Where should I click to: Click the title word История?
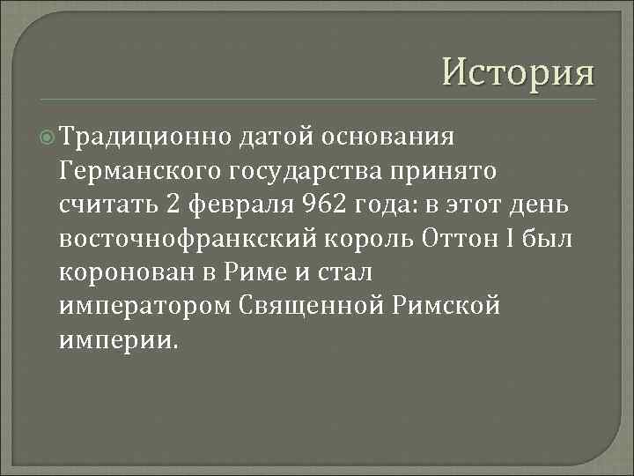pyautogui.click(x=518, y=69)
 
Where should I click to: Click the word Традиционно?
pyautogui.click(x=146, y=138)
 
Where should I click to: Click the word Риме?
pyautogui.click(x=254, y=271)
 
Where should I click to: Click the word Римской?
pyautogui.click(x=452, y=305)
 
